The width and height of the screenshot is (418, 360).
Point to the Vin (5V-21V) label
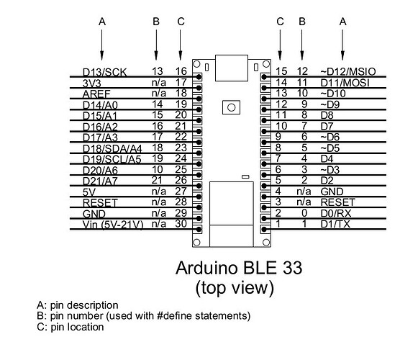coord(113,225)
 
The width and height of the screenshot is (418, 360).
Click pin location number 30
coord(181,225)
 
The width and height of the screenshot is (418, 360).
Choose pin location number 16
coord(181,71)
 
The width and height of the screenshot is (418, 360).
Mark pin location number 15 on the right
coord(281,71)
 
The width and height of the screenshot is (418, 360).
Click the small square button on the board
coord(232,107)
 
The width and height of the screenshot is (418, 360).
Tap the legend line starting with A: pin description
coord(78,305)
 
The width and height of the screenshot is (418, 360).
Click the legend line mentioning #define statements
coord(144,315)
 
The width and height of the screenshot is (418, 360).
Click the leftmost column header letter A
coord(101,22)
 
